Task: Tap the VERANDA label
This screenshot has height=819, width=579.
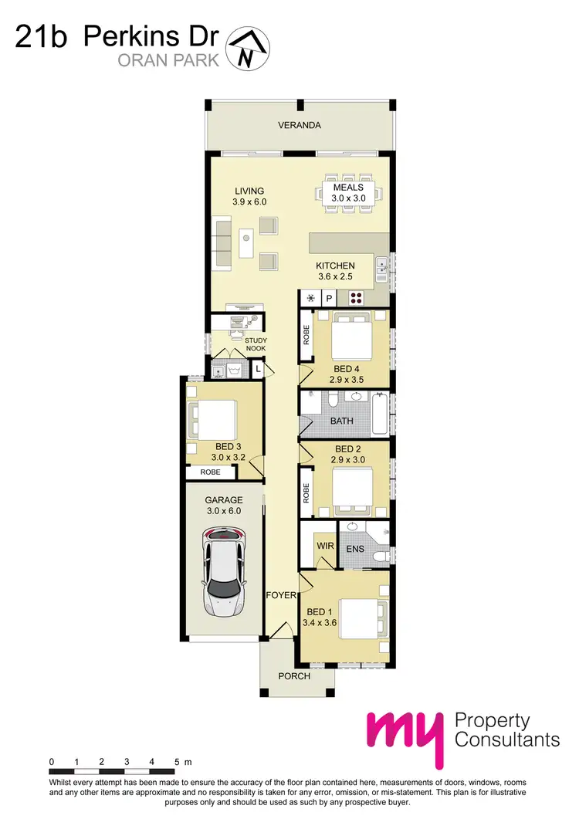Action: click(300, 125)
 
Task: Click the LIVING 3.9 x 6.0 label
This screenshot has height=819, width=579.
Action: click(249, 196)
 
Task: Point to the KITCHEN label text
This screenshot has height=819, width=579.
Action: click(335, 265)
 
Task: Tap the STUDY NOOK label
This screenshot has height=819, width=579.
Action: click(256, 344)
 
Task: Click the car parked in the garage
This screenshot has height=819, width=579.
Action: click(224, 572)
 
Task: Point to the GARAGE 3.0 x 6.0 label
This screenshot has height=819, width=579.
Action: click(224, 505)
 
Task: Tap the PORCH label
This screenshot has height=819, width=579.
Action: click(294, 676)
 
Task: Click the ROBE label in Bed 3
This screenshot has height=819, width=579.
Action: click(210, 472)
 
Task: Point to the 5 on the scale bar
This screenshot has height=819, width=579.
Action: click(177, 762)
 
